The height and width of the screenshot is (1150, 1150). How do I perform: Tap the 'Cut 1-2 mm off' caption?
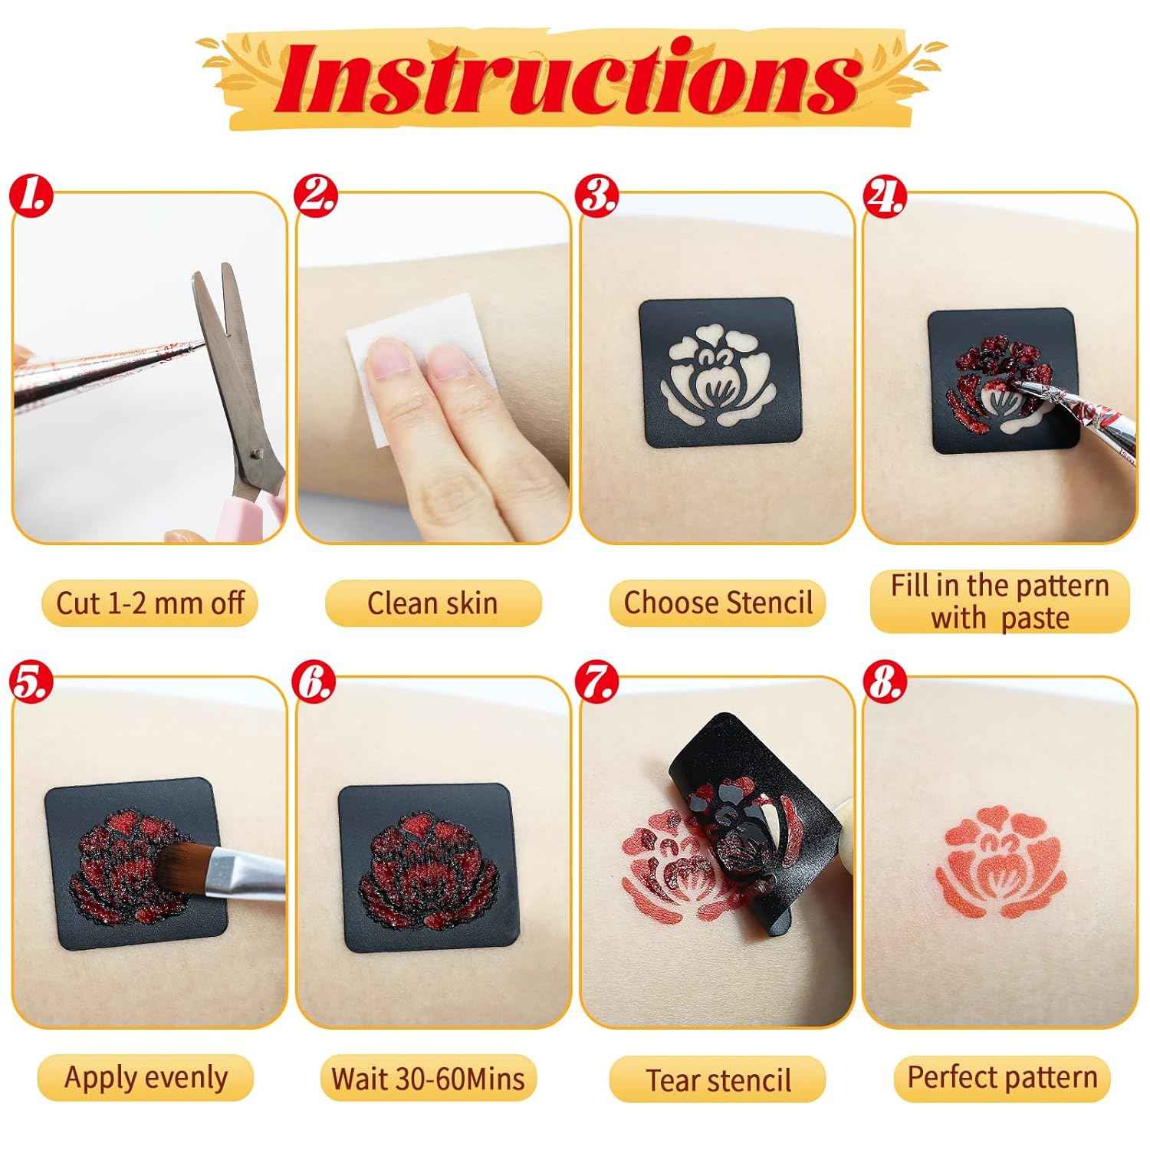pyautogui.click(x=150, y=603)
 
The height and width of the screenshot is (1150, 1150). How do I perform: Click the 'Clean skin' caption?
pyautogui.click(x=432, y=603)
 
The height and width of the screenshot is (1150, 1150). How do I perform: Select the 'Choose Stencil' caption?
pyautogui.click(x=718, y=603)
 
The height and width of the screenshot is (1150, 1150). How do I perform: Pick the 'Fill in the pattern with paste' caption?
pyautogui.click(x=1000, y=601)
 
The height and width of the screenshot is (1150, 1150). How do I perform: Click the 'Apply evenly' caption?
pyautogui.click(x=146, y=1077)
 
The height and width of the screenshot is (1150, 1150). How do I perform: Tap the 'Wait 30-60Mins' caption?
pyautogui.click(x=428, y=1078)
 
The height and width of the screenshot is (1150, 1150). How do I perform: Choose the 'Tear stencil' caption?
pyautogui.click(x=718, y=1079)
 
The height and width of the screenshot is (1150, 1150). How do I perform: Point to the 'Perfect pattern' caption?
pyautogui.click(x=1002, y=1077)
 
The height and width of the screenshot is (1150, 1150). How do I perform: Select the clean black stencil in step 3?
pyautogui.click(x=718, y=373)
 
